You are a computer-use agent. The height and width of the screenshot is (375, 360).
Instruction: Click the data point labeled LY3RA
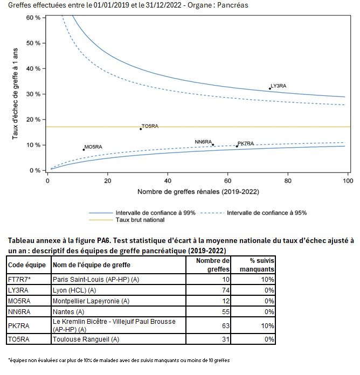[x=269, y=88]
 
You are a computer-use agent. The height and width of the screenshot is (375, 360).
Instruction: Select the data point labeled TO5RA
[x=141, y=129]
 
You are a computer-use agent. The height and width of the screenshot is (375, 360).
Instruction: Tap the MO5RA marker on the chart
[x=84, y=150]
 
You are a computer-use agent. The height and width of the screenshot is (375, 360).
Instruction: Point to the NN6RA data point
[x=213, y=144]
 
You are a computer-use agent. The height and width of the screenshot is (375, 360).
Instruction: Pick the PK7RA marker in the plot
[x=237, y=146]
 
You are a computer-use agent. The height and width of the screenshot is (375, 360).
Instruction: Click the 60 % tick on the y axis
[x=33, y=18]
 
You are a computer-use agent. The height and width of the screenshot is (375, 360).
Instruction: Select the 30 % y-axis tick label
[x=33, y=94]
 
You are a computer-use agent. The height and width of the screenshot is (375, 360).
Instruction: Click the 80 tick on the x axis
[x=288, y=181]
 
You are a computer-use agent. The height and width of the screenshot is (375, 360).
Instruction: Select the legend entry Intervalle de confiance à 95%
[x=267, y=212]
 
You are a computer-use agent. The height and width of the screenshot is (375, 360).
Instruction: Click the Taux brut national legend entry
[x=140, y=220]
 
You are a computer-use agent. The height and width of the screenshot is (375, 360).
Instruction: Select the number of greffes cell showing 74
[x=225, y=290]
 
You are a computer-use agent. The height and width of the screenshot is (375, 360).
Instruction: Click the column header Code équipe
[x=27, y=265]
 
